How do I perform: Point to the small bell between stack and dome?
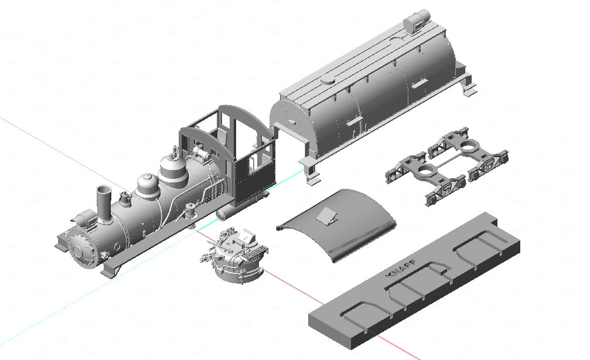pyautogui.click(x=124, y=198)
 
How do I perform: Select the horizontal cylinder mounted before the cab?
pyautogui.click(x=201, y=154)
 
